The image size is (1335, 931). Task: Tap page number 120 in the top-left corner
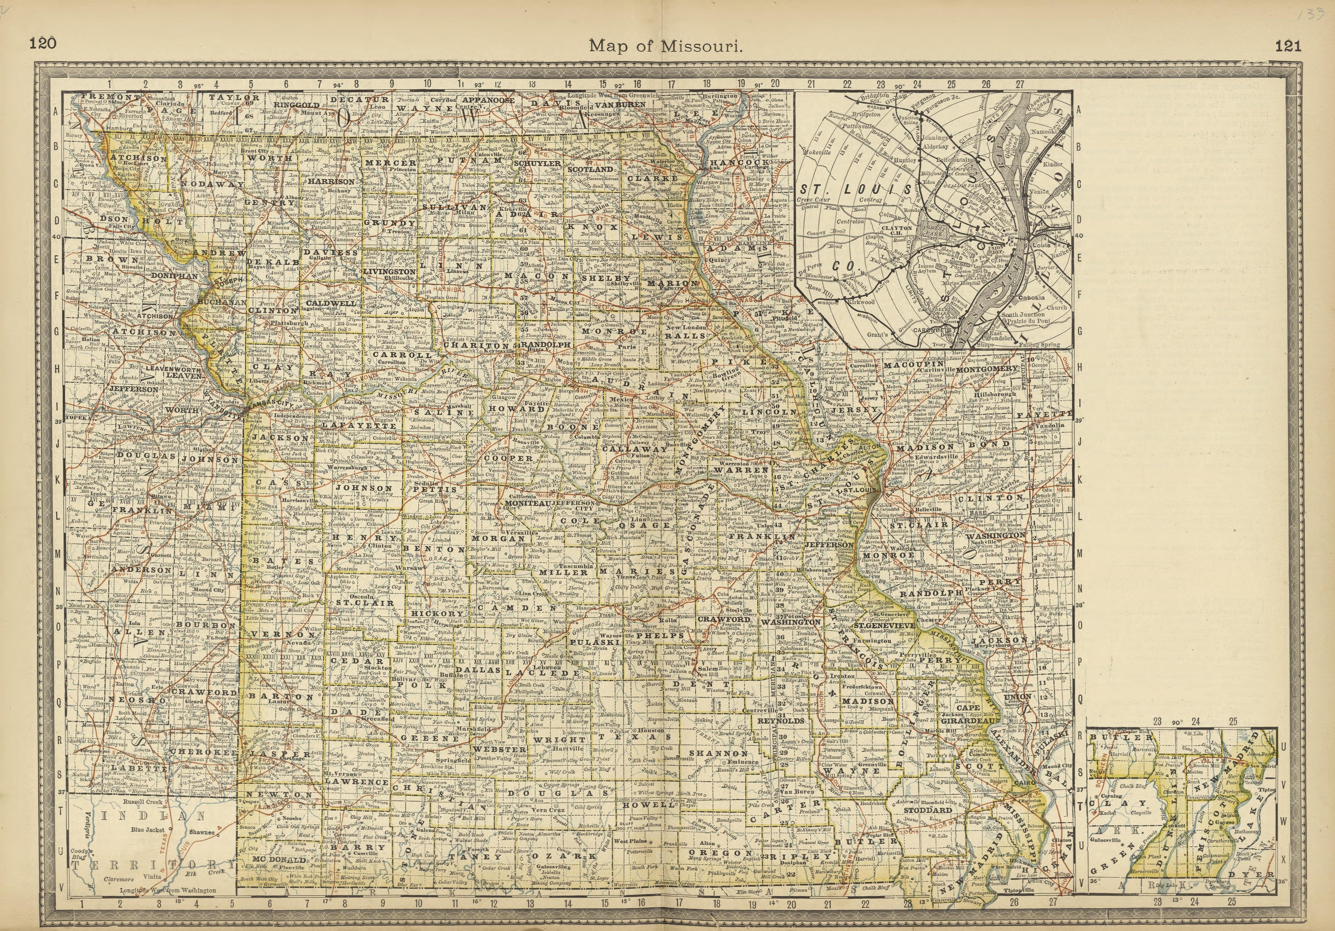tap(43, 43)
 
